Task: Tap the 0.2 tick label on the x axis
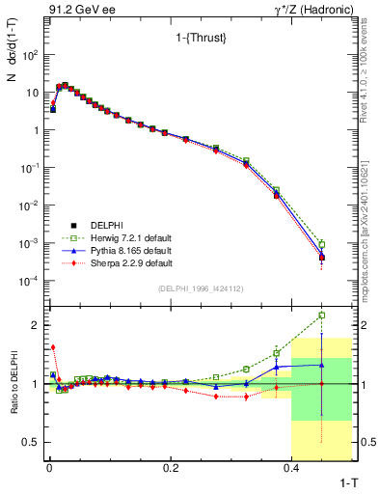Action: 172,467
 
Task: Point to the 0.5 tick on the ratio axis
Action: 33,442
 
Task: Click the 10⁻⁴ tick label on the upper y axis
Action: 30,281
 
